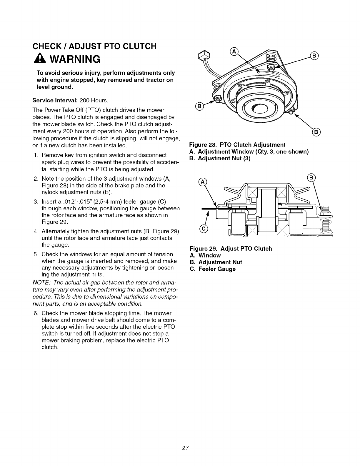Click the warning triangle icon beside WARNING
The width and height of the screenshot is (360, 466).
[x=41, y=60]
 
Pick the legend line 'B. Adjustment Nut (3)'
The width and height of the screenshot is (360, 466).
[x=220, y=159]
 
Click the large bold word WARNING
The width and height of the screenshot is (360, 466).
[x=73, y=59]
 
